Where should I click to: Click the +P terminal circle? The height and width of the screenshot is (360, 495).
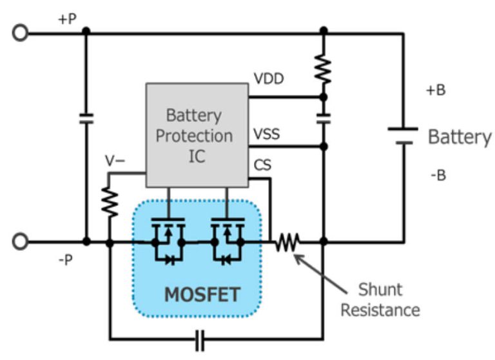(21, 32)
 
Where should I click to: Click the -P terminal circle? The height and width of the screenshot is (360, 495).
(21, 242)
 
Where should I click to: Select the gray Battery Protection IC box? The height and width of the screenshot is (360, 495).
(198, 135)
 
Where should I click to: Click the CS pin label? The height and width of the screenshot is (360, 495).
(263, 166)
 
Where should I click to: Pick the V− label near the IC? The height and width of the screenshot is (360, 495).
(115, 161)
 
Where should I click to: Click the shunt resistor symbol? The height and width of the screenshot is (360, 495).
(286, 243)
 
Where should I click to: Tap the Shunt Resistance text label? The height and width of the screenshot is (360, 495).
(380, 299)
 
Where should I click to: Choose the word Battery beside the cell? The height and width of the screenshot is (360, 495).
(460, 137)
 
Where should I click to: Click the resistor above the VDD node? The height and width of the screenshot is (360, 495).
(324, 68)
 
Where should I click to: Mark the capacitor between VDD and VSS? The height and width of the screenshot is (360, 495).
(324, 119)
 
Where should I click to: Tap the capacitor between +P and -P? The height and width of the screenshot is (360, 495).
(86, 119)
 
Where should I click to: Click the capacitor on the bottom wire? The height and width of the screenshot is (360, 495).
(200, 338)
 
